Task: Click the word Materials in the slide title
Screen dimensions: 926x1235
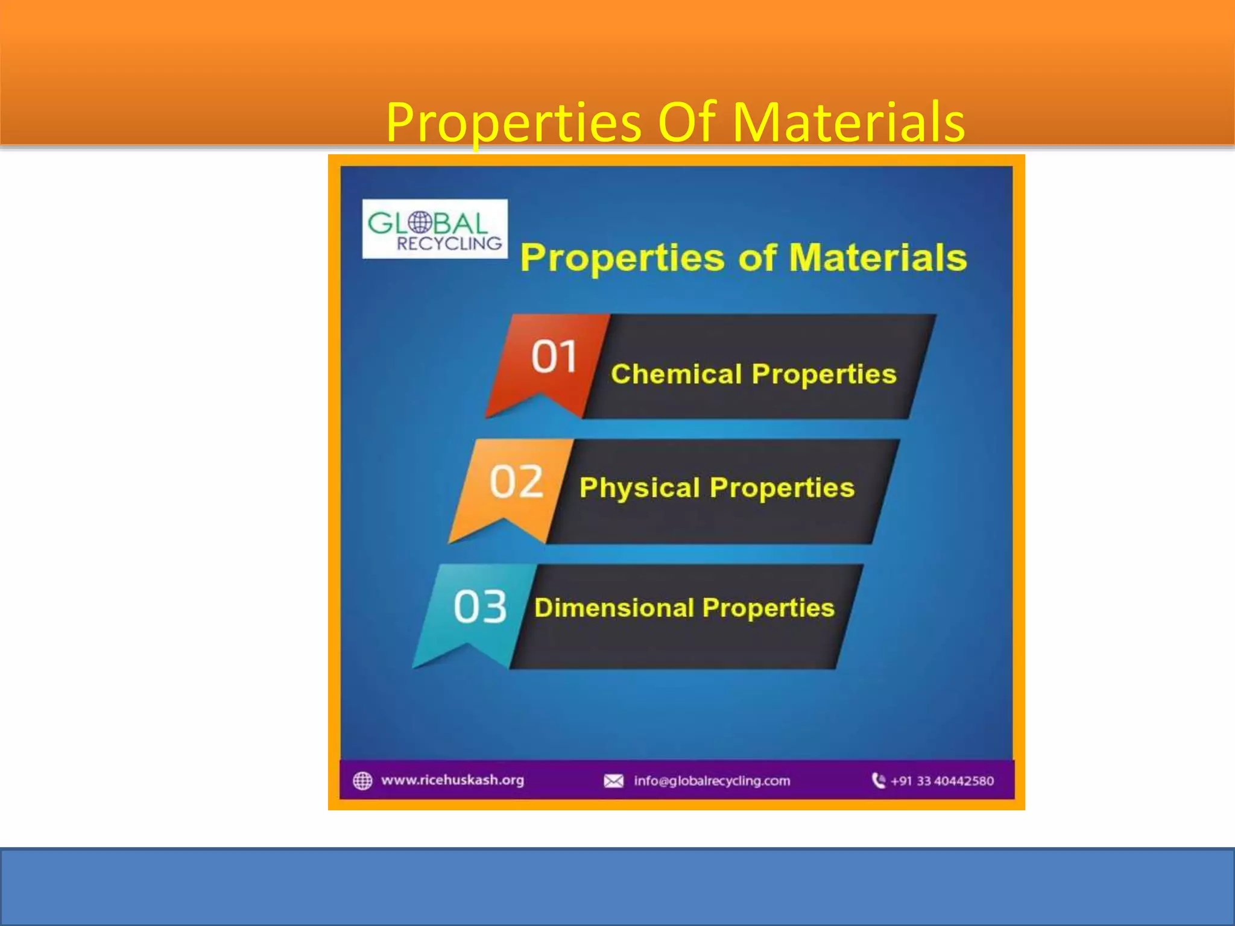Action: (x=848, y=122)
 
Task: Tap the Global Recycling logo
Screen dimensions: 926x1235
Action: (x=435, y=229)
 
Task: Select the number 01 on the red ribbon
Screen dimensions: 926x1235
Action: (x=554, y=356)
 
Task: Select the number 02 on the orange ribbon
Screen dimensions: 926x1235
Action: (x=516, y=482)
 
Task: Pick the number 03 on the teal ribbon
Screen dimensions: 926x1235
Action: (x=480, y=606)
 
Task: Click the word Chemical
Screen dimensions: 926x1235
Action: (x=676, y=374)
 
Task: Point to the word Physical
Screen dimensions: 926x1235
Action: (x=639, y=488)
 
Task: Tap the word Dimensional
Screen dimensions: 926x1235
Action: (x=614, y=608)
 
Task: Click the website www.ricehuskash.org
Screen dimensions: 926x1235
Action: (x=452, y=780)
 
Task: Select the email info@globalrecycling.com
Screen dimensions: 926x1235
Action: (x=712, y=781)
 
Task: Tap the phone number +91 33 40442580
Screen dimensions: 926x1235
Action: (x=942, y=781)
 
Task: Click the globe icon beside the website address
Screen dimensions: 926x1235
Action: (x=362, y=781)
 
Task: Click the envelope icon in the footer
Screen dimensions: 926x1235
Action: (x=613, y=781)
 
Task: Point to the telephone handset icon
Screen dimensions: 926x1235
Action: (x=879, y=781)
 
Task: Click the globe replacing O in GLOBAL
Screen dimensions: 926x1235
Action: (x=420, y=222)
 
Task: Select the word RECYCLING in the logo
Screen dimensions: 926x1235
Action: (x=449, y=244)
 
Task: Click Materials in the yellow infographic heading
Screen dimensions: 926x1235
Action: (x=877, y=258)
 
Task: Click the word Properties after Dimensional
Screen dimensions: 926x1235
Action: (x=768, y=608)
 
